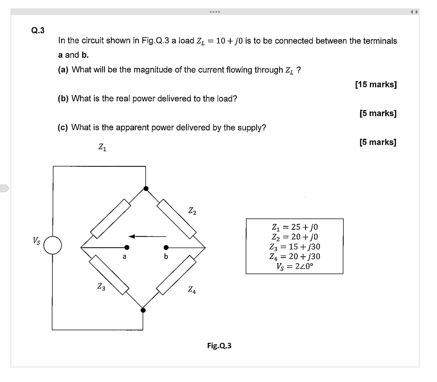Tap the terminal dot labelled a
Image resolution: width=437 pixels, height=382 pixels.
click(127, 247)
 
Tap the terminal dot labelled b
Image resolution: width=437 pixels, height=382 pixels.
click(166, 247)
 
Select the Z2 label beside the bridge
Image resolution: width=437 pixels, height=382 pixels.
click(192, 211)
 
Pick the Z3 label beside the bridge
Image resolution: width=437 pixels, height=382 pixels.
click(101, 287)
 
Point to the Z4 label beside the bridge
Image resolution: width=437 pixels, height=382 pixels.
click(192, 290)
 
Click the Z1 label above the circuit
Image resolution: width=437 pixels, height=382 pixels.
click(102, 147)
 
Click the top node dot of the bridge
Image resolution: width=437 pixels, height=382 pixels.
click(146, 189)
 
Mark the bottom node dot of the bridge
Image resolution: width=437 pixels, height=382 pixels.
click(143, 310)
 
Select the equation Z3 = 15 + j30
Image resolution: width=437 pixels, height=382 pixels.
click(294, 246)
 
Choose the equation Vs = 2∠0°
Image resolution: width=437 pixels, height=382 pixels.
click(294, 266)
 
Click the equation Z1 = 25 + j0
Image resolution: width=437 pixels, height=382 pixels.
click(294, 227)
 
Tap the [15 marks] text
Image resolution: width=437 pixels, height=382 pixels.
click(376, 85)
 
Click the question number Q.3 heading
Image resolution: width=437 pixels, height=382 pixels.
click(38, 30)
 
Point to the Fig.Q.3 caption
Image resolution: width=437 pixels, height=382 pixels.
click(219, 346)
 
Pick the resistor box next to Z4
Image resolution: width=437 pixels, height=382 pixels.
click(176, 275)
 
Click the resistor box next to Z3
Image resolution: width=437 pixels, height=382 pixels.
click(109, 275)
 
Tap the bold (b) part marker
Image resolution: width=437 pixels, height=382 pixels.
click(63, 99)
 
